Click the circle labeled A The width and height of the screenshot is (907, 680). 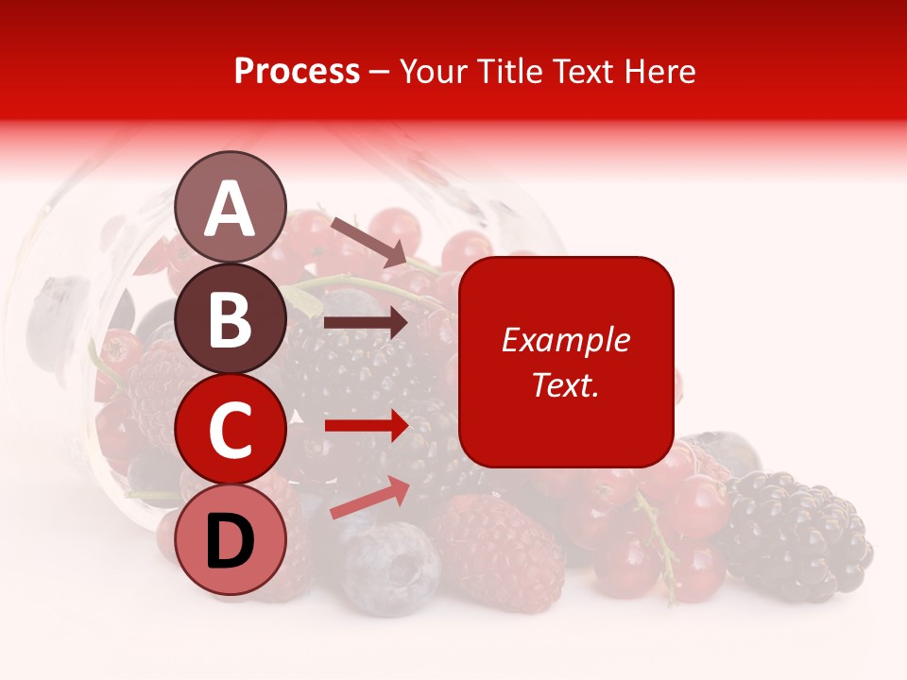(231, 207)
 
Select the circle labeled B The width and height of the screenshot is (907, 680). (231, 318)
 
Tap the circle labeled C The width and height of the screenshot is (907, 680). (231, 430)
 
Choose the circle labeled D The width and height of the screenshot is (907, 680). (231, 540)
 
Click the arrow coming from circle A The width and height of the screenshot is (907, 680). (368, 241)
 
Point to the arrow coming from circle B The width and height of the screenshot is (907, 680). (366, 323)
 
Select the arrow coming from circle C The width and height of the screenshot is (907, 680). (366, 425)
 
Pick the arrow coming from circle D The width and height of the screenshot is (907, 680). (369, 498)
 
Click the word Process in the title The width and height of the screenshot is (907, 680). (297, 72)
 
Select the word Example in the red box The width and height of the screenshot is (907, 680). (565, 340)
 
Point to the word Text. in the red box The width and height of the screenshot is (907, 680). (565, 384)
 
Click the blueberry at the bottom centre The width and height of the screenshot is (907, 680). (390, 569)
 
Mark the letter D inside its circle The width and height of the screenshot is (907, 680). (231, 541)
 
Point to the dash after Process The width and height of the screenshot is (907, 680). (380, 72)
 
